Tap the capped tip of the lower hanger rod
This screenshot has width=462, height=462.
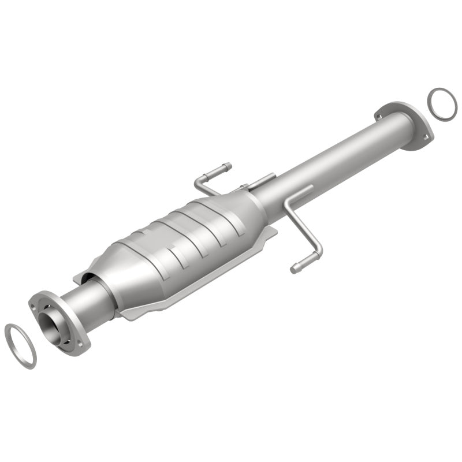coord(296,267)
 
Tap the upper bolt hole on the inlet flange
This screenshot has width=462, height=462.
coord(41,300)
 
